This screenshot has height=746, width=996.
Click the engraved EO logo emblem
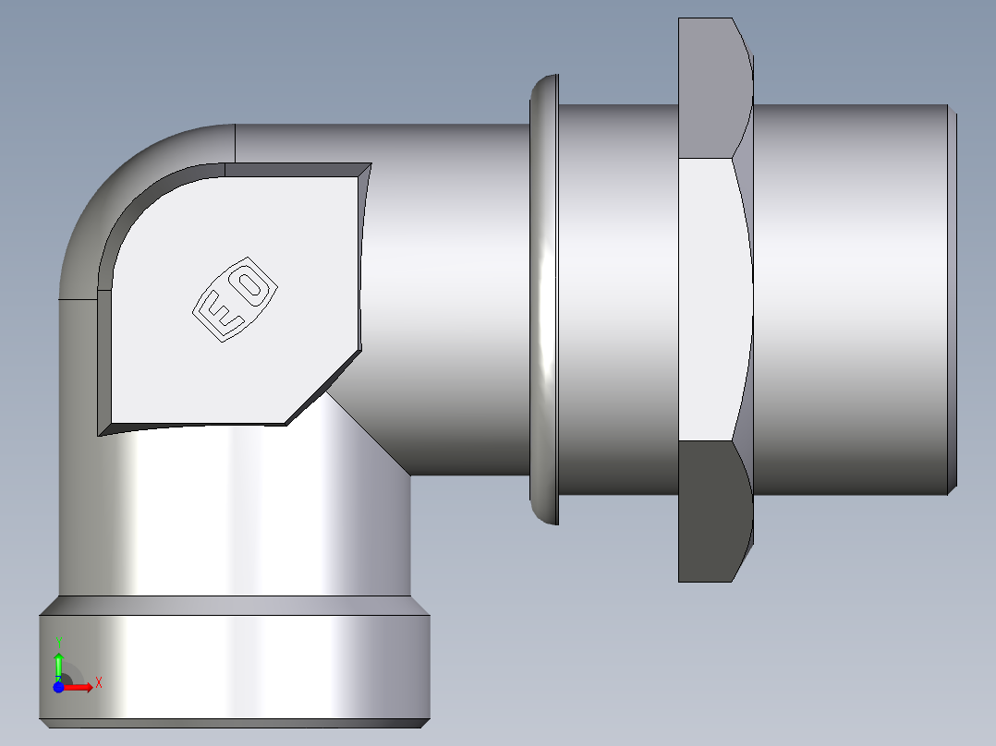pos(235,299)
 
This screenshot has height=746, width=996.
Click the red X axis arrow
pos(79,687)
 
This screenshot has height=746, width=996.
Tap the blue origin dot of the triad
pos(58,687)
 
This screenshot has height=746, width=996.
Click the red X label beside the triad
pos(98,683)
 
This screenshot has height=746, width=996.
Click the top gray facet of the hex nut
pos(711,88)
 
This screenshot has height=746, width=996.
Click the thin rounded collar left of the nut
pos(545,300)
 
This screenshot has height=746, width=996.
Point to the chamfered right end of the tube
pos(953,300)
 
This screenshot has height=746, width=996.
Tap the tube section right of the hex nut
pos(850,300)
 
